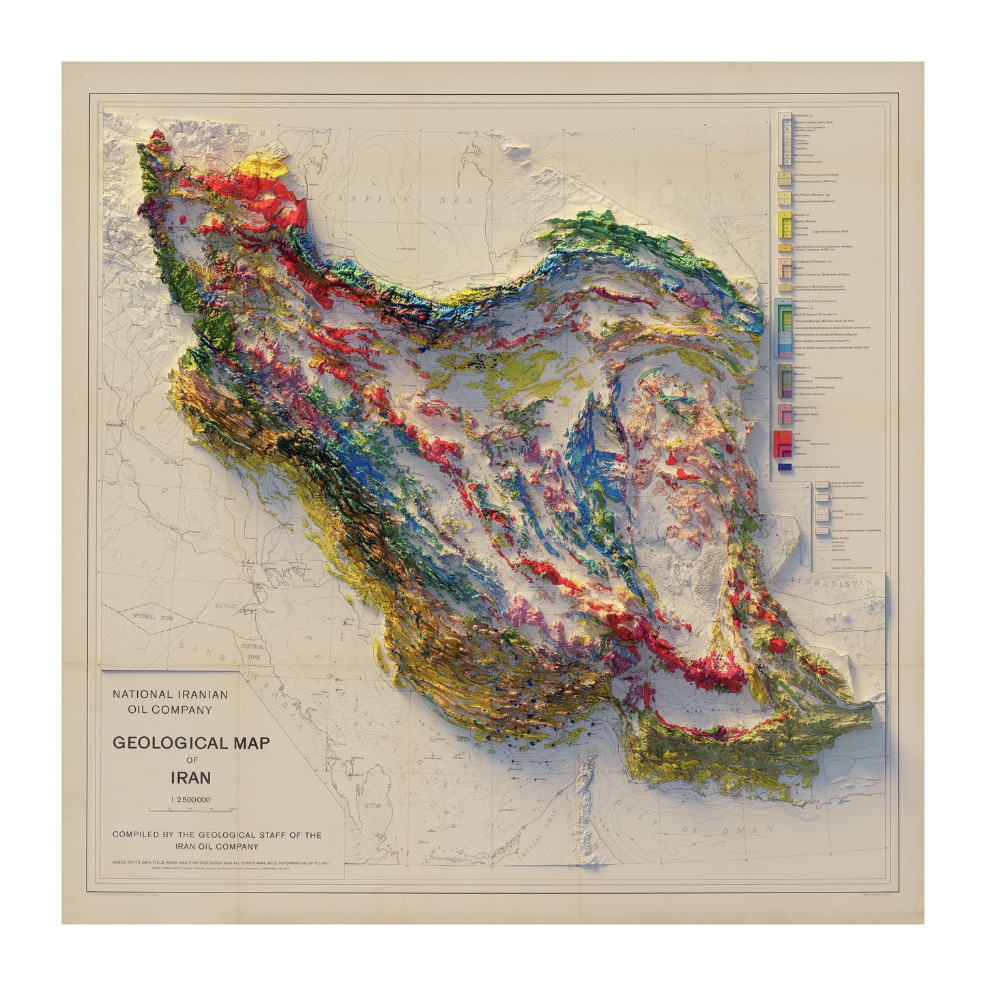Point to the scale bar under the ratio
click(190, 809)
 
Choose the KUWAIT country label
click(224, 605)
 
